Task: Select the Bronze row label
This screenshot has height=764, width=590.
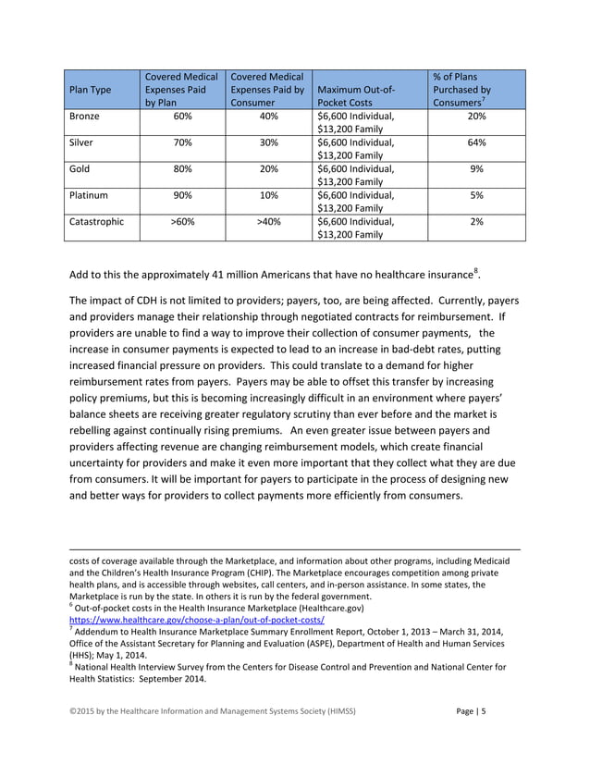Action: [x=87, y=117]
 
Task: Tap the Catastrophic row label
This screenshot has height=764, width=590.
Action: [x=100, y=222]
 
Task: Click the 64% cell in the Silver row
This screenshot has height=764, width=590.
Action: [x=476, y=143]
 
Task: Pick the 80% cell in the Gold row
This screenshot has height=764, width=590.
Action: [x=183, y=169]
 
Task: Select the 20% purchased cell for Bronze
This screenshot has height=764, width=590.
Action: [x=476, y=117]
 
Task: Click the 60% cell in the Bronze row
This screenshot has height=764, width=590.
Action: [x=183, y=117]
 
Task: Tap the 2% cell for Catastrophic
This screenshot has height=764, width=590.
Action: [x=476, y=222]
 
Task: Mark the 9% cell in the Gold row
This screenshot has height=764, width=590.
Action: [x=476, y=169]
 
